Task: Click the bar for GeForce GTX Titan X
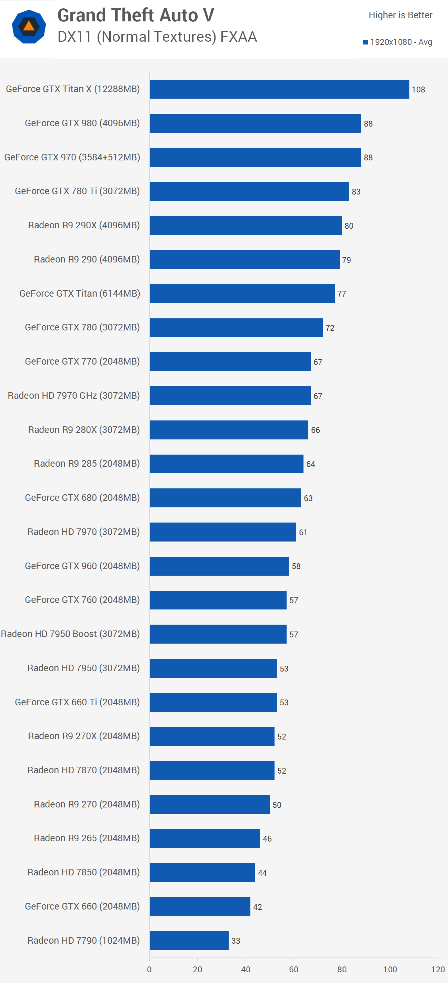[279, 89]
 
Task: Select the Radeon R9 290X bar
[245, 226]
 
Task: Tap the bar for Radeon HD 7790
[189, 941]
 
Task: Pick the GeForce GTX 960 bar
[219, 566]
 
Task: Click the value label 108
[418, 90]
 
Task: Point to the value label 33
[236, 941]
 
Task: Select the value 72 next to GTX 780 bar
[330, 328]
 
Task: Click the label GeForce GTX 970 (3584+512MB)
[72, 157]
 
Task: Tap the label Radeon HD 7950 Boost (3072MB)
[70, 634]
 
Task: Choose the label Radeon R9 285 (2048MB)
[87, 464]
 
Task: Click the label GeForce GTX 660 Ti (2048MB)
[77, 702]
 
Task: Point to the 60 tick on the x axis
[293, 969]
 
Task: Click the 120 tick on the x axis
[438, 969]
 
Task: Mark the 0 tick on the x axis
[149, 969]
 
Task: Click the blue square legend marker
[365, 42]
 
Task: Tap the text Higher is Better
[400, 15]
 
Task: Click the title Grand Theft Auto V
[136, 15]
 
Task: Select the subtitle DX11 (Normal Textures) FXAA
[157, 37]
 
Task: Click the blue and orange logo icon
[29, 27]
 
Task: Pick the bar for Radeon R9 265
[205, 839]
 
